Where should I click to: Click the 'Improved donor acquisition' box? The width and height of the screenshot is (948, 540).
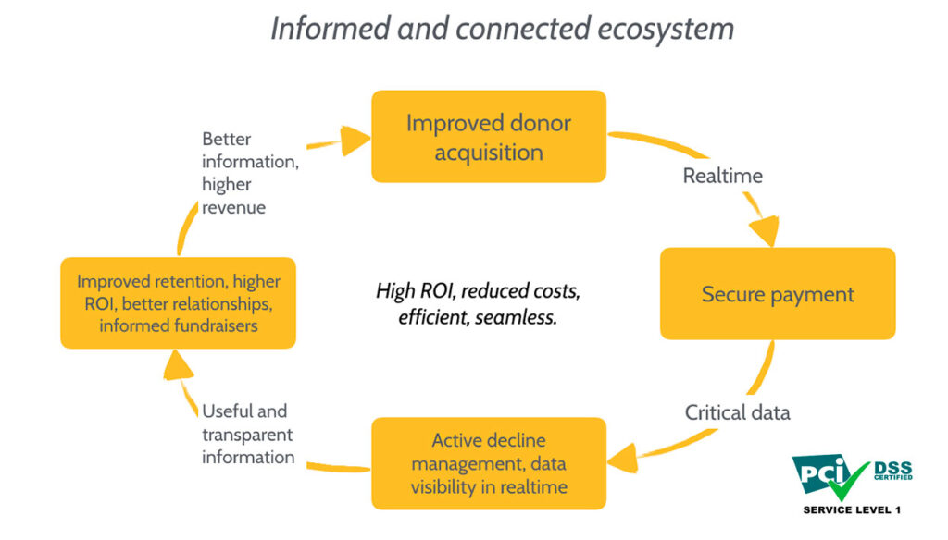489,137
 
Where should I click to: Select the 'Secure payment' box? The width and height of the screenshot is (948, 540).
778,293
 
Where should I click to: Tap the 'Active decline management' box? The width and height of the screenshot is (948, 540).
489,463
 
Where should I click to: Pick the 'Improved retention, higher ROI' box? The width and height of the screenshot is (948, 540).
179,303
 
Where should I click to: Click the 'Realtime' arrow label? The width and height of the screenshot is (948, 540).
722,176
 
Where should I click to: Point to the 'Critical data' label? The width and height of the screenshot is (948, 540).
737,412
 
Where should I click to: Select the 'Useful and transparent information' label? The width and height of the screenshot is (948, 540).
248,434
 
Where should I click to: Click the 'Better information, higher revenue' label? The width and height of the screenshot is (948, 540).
250,173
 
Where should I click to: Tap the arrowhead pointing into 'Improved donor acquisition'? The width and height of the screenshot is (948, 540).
355,141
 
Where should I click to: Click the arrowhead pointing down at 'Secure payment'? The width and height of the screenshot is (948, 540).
766,231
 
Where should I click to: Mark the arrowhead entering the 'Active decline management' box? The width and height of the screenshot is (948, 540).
623,459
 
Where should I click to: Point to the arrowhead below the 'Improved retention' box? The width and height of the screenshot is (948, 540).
177,365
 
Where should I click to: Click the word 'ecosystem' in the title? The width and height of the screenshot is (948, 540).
666,29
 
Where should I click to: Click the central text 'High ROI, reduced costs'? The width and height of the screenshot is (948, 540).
478,291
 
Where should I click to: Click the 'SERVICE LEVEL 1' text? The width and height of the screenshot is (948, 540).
852,509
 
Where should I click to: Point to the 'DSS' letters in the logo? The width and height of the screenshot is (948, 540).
893,468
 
